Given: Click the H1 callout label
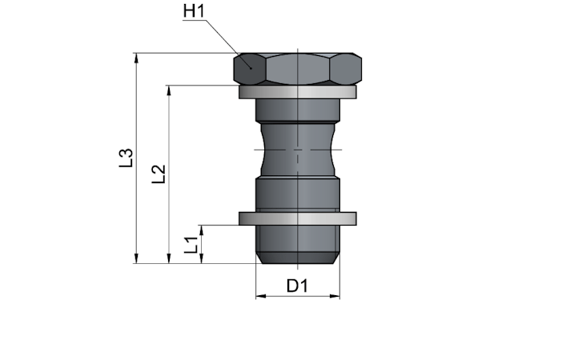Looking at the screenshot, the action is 194,10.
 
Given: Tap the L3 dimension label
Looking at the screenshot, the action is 126,158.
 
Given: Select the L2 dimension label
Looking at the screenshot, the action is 159,174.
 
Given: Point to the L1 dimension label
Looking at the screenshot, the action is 191,245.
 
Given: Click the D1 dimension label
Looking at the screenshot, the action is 298,286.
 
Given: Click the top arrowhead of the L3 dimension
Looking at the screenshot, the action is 136,58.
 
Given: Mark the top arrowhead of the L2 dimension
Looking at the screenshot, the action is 169,90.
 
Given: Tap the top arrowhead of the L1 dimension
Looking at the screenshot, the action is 202,230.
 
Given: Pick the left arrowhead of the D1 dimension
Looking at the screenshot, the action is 261,296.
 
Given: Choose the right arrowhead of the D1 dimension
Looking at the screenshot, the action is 335,296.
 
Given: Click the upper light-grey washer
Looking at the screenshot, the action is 298,92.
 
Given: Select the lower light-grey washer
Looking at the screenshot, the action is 298,219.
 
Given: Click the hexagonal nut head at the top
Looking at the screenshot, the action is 298,69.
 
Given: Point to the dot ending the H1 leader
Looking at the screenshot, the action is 251,68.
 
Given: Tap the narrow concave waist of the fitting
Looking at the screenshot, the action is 298,150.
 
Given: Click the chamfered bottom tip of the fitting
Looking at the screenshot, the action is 298,258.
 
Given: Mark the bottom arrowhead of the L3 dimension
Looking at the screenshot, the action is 136,258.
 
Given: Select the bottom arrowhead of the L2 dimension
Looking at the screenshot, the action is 169,258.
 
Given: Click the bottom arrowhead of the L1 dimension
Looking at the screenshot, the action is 202,258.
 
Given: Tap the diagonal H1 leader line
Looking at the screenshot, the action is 229,44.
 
